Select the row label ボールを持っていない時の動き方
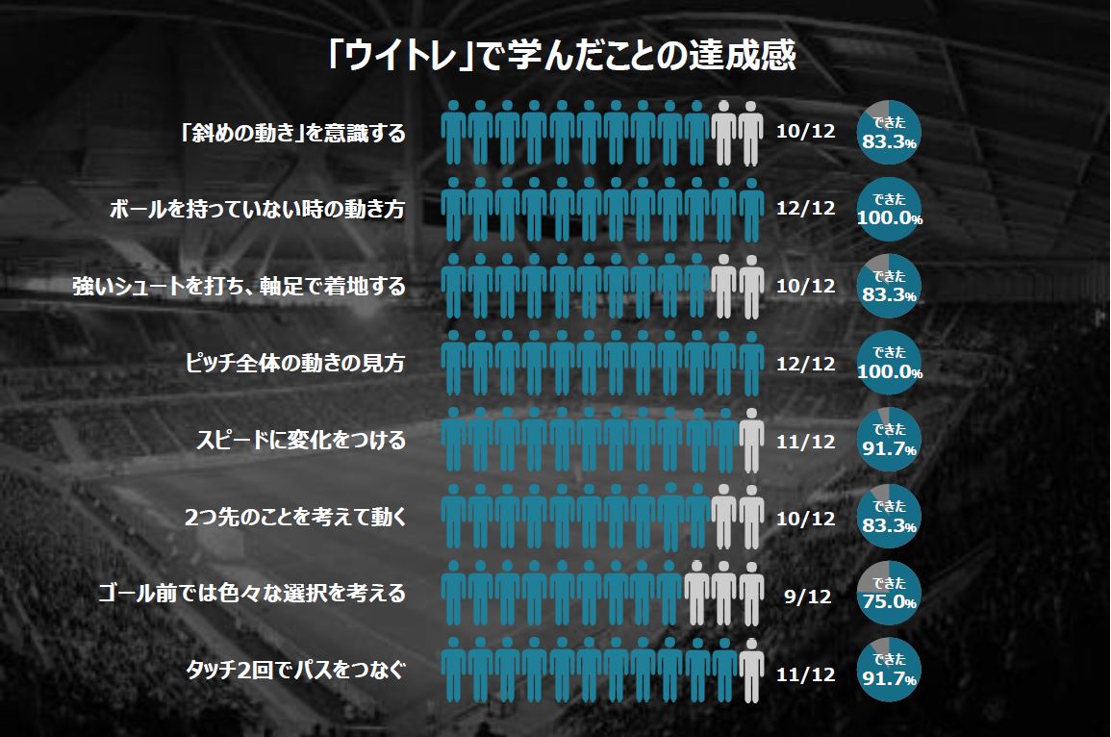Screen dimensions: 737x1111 [257, 210]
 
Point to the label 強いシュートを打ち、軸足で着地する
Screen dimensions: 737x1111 [239, 287]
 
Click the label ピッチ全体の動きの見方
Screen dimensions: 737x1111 [294, 364]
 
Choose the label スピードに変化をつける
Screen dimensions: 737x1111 [300, 441]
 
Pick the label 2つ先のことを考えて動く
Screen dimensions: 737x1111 [294, 518]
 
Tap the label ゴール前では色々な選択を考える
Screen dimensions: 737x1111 [251, 595]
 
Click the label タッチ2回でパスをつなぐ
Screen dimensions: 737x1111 [295, 672]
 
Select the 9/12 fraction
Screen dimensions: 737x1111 [806, 597]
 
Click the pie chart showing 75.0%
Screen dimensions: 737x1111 [889, 595]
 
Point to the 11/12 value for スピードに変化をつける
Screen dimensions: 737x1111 [806, 443]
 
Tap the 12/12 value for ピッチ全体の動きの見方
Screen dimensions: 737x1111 [806, 366]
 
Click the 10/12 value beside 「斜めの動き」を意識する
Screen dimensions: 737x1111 [806, 133]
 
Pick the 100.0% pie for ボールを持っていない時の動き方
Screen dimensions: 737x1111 [889, 210]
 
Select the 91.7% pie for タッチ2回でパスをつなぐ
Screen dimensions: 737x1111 [889, 672]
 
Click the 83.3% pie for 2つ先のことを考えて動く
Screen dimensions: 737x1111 [889, 518]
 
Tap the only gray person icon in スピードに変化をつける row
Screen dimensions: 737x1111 [751, 442]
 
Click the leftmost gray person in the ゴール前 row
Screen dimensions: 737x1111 [697, 596]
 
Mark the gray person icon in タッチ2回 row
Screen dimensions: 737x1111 [751, 673]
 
